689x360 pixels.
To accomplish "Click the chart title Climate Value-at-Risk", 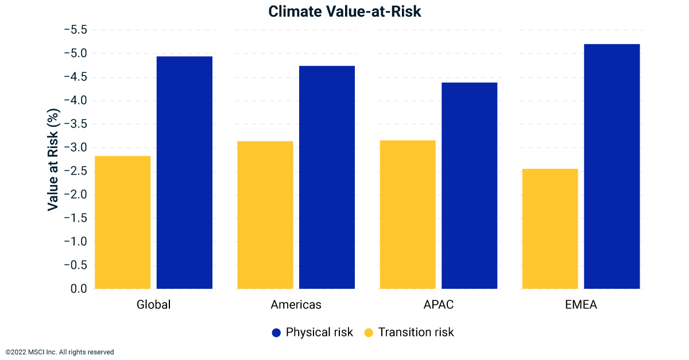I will click(344, 11).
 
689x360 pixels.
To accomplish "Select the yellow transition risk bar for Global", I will click(122, 222).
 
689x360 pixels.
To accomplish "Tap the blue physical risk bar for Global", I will click(184, 172).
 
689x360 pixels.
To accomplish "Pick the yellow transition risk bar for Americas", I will click(265, 215).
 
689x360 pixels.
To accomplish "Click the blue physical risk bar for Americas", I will click(327, 177).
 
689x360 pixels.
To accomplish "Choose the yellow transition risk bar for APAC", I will click(407, 214).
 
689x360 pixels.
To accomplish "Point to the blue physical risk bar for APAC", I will click(469, 185).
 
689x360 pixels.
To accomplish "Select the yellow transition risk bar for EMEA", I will click(549, 229).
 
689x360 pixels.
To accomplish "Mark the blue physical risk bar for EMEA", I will click(611, 166).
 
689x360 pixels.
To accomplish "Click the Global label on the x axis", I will click(153, 305).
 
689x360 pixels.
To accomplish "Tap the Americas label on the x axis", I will click(296, 305).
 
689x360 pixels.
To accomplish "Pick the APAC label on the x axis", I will click(438, 305).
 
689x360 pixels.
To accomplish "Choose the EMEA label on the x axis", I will click(580, 305).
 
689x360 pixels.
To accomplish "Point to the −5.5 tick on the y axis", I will click(75, 30).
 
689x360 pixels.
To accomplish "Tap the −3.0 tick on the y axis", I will click(75, 148).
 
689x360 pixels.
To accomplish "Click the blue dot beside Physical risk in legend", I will click(276, 332).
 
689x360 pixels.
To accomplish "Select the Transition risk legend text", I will click(416, 332).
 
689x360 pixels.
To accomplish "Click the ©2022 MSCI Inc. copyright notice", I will click(60, 352).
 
